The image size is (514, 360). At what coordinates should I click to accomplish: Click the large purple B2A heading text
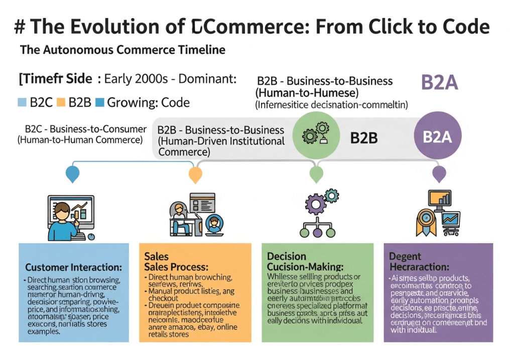(439, 83)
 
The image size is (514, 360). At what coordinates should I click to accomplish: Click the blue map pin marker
(73, 174)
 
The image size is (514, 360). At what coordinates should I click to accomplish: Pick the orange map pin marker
(195, 175)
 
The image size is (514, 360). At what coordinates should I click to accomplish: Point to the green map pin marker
(316, 175)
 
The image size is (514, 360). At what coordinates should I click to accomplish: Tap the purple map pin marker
(439, 175)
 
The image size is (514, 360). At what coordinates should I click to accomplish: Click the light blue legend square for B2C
(22, 103)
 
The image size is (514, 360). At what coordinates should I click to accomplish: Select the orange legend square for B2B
(61, 103)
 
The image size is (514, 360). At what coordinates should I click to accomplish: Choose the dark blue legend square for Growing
(99, 103)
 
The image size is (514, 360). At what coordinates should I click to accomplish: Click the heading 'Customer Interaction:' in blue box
(74, 267)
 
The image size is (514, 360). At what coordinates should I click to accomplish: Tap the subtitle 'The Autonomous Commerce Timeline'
(122, 50)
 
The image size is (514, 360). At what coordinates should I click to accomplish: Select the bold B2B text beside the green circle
(364, 137)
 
